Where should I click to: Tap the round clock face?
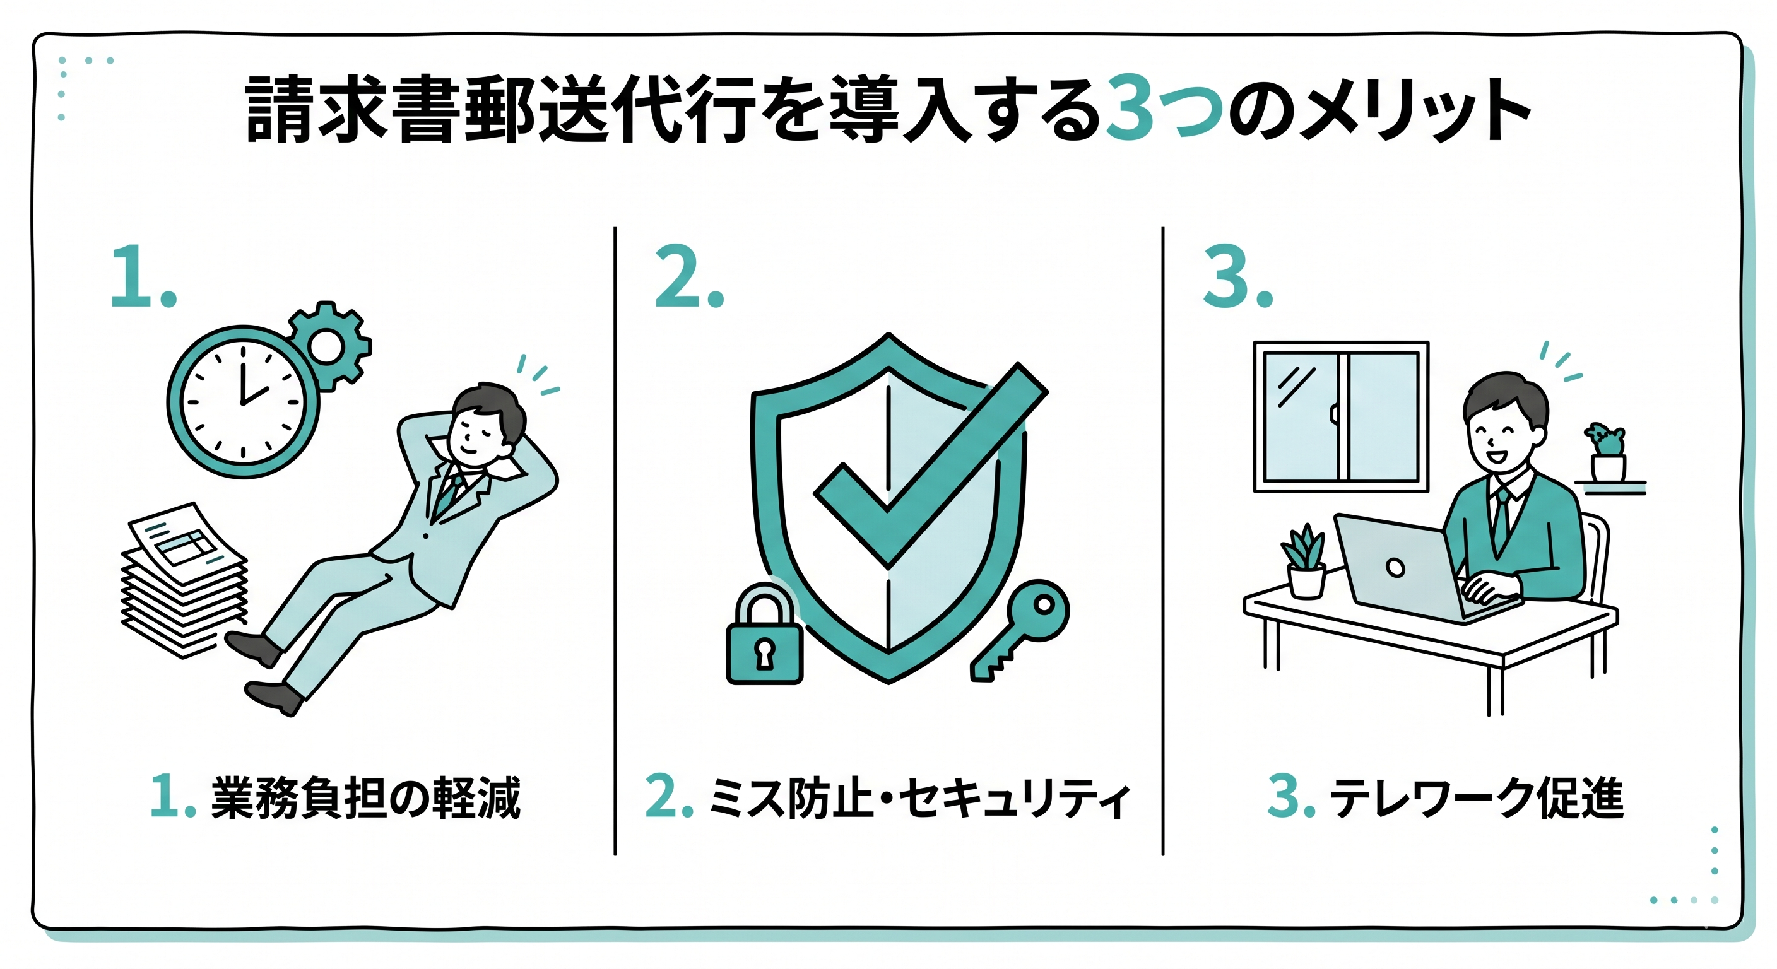243,402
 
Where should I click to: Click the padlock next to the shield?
764,633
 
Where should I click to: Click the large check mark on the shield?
931,466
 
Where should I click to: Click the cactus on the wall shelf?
1608,452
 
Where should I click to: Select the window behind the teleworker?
1341,416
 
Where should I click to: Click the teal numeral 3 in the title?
1131,109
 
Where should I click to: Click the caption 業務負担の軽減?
365,798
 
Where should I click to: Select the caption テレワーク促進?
1477,798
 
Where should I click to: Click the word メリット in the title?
1414,110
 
